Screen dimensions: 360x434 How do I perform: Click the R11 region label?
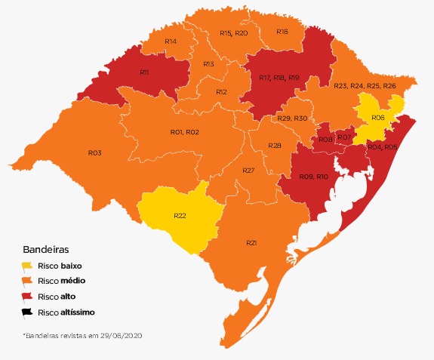[x=144, y=72]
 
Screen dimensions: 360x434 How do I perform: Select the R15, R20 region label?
[x=233, y=33]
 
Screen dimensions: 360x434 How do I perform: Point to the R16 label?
[x=282, y=32]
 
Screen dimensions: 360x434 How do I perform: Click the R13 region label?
[x=209, y=64]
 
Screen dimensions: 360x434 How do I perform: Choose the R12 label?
[x=221, y=91]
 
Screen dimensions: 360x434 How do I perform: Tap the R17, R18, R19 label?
[x=279, y=78]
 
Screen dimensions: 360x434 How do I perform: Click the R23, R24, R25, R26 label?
[x=365, y=86]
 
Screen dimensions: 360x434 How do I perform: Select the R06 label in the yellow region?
[x=378, y=118]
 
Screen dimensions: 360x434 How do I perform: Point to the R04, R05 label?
[x=383, y=146]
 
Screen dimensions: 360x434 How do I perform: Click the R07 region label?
[x=343, y=137]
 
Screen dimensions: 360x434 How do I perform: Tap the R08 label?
[x=325, y=140]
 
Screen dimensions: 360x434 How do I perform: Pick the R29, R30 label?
[x=292, y=118]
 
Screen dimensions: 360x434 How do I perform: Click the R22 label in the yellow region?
[x=180, y=215]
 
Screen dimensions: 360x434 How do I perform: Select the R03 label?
[x=94, y=152]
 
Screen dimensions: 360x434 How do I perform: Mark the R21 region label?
[x=252, y=242]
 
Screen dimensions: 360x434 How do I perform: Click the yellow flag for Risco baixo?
[x=27, y=266]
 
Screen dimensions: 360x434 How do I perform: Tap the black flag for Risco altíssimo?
[x=27, y=312]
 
